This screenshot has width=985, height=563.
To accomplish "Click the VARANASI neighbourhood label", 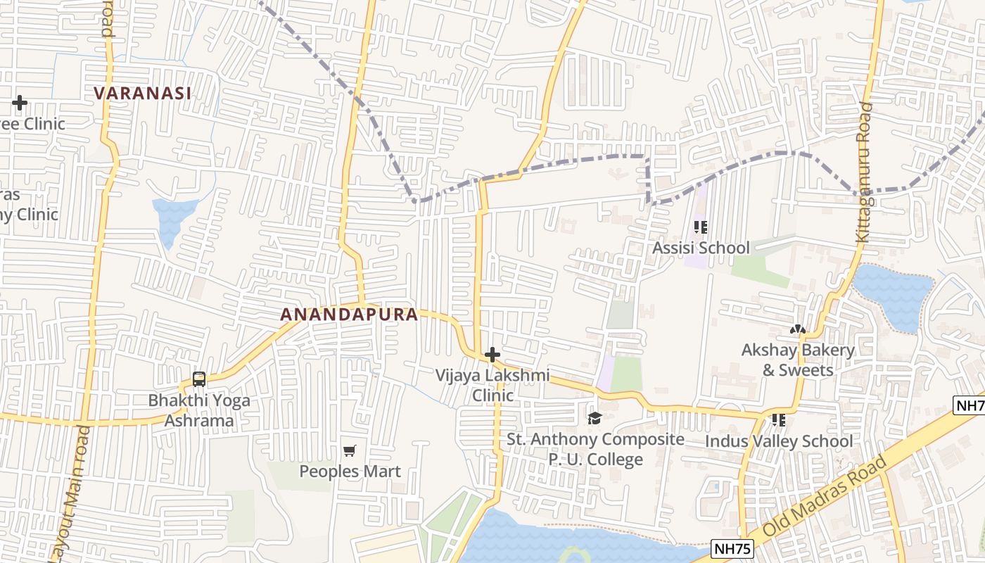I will pyautogui.click(x=143, y=93).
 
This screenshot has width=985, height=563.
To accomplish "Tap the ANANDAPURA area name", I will pyautogui.click(x=350, y=315).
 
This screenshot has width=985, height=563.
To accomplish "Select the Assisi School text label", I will pyautogui.click(x=701, y=248).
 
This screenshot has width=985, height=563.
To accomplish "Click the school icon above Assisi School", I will pyautogui.click(x=700, y=227).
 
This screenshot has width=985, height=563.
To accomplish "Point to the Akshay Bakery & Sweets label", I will pyautogui.click(x=798, y=360).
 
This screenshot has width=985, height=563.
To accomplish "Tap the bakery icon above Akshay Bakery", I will pyautogui.click(x=797, y=329).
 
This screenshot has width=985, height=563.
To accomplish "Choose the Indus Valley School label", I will pyautogui.click(x=780, y=441).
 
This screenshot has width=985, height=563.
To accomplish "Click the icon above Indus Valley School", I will pyautogui.click(x=779, y=420).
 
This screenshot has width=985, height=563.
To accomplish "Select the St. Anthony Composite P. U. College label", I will pyautogui.click(x=595, y=449).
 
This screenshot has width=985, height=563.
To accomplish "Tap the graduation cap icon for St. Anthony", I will pyautogui.click(x=595, y=419).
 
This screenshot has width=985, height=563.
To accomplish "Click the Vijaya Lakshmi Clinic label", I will pyautogui.click(x=493, y=385).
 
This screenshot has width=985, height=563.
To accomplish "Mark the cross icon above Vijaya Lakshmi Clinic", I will pyautogui.click(x=493, y=355).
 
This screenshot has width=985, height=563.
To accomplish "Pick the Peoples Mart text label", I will pyautogui.click(x=350, y=471).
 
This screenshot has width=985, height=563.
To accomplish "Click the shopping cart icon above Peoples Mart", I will pyautogui.click(x=350, y=450).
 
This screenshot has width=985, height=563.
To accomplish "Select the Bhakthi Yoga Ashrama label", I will pyautogui.click(x=199, y=410).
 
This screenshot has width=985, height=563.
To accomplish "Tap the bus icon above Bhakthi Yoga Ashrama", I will pyautogui.click(x=199, y=379).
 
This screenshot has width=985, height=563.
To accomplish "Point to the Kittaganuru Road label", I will pyautogui.click(x=865, y=172).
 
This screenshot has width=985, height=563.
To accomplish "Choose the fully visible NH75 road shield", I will pyautogui.click(x=732, y=548).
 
